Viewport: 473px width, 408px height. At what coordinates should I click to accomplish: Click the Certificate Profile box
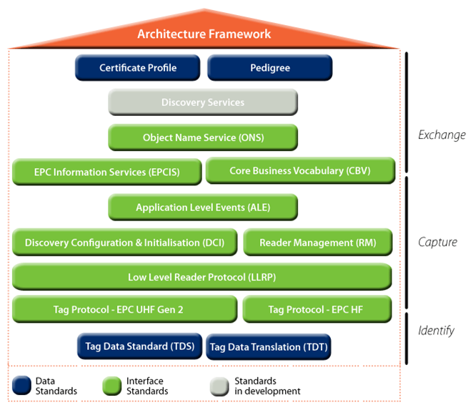click(138, 68)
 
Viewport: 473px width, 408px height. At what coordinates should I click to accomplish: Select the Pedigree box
click(270, 68)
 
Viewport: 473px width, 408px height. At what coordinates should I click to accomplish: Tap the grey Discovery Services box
click(203, 102)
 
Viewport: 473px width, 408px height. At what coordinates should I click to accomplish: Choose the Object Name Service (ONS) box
click(203, 137)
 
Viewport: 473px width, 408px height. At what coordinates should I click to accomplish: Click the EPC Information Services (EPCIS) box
click(107, 172)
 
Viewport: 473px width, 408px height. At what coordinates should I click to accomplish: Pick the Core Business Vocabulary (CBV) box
click(301, 170)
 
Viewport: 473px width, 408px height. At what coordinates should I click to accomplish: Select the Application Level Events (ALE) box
click(203, 208)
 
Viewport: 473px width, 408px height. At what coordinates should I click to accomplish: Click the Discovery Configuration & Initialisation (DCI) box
click(124, 243)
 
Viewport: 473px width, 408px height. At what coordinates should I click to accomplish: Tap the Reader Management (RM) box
click(318, 243)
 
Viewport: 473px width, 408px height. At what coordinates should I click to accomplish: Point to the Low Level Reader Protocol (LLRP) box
click(202, 277)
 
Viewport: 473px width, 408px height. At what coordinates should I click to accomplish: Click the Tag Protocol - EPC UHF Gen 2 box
click(124, 309)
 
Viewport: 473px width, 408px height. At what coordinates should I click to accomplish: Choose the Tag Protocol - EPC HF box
click(317, 309)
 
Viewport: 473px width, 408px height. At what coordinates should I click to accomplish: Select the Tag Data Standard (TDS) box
click(139, 346)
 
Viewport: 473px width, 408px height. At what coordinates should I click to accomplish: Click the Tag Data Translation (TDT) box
click(269, 347)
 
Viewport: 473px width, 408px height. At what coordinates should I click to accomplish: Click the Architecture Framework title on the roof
click(204, 34)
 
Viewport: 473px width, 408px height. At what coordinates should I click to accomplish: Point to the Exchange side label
click(442, 135)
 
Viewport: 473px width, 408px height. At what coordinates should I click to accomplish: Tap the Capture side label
click(438, 243)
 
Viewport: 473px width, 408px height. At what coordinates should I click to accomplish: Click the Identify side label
click(436, 330)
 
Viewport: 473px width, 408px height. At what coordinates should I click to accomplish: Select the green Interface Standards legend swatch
click(112, 386)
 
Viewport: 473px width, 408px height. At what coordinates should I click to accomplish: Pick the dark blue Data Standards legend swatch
click(21, 385)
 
